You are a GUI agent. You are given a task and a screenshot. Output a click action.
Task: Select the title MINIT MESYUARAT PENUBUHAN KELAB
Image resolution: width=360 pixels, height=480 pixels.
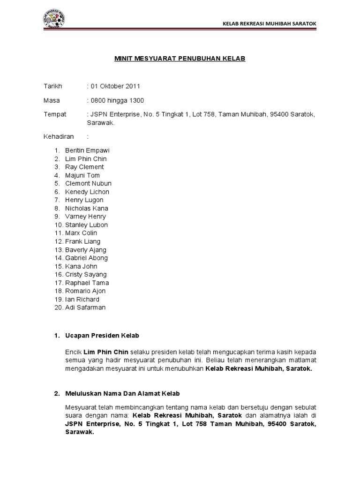click(x=180, y=59)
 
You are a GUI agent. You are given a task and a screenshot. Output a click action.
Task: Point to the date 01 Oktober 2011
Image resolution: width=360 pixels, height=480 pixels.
click(x=115, y=87)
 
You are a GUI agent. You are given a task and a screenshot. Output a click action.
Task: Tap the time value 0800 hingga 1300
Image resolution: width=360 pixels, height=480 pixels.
click(x=117, y=100)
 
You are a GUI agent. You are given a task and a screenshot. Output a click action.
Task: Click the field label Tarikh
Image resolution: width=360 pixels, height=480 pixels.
click(x=52, y=87)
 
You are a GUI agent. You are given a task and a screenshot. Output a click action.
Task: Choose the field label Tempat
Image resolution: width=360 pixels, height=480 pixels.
click(x=55, y=114)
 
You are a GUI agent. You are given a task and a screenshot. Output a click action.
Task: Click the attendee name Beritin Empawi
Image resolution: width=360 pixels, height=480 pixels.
click(x=87, y=150)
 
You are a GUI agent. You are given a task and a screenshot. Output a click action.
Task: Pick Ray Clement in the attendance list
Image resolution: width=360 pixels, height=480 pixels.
click(x=84, y=167)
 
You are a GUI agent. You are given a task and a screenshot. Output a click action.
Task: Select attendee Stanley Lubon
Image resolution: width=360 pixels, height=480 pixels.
click(x=86, y=225)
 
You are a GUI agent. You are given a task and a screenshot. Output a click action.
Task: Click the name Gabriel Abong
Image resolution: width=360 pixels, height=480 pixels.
click(x=86, y=258)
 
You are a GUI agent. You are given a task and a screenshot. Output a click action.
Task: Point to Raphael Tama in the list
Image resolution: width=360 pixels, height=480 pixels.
click(x=87, y=283)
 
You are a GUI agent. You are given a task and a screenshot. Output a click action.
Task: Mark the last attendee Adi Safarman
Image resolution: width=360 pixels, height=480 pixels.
click(x=85, y=307)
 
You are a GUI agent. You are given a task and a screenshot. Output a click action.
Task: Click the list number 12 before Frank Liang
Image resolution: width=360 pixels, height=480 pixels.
click(x=58, y=241)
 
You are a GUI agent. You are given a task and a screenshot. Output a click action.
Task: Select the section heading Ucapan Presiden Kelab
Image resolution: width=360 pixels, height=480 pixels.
click(x=102, y=336)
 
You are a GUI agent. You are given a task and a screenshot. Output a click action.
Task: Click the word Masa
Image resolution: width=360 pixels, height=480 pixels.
click(x=52, y=100)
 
